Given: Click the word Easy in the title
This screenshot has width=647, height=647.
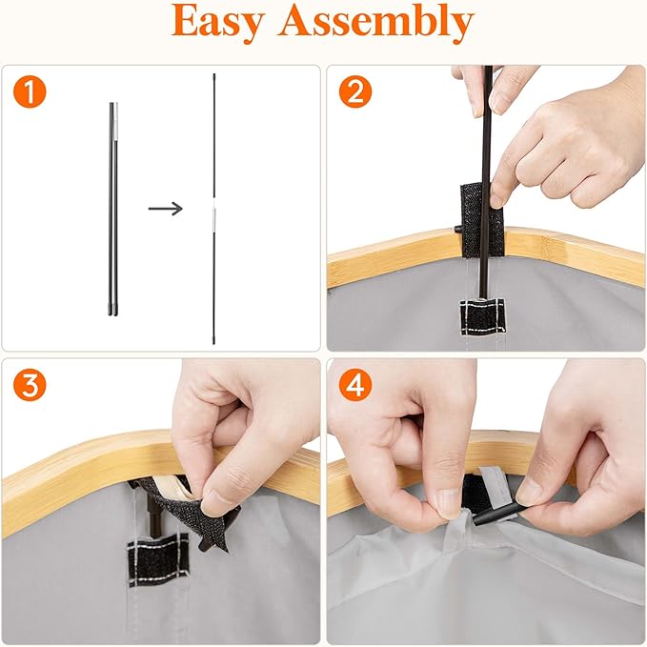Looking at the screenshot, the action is click(x=218, y=22).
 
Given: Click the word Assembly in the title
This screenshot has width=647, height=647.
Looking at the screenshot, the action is click(x=375, y=22).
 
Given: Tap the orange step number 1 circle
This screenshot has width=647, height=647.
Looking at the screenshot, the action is click(x=30, y=91).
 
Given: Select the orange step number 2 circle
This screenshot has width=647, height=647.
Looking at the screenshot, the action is click(x=355, y=91).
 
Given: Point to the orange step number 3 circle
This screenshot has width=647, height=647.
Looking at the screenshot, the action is click(x=30, y=385).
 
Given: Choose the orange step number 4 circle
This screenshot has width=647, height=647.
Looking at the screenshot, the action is click(x=355, y=385).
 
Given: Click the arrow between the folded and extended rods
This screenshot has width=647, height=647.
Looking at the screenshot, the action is click(x=166, y=209).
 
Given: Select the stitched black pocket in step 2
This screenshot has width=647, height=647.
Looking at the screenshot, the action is click(x=482, y=317).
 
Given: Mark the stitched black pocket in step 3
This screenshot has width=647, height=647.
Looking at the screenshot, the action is click(x=157, y=559).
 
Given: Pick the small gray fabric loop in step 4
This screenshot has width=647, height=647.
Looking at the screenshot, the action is click(x=456, y=527).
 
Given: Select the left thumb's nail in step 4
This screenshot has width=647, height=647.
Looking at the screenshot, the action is click(x=446, y=504).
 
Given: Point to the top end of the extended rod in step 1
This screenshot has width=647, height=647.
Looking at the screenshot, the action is click(x=214, y=75).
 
